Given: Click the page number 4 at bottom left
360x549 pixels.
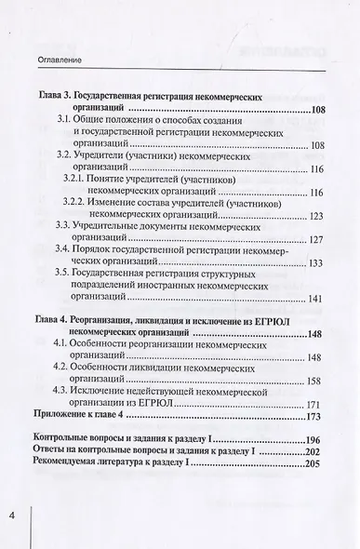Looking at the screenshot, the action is tap(13, 516).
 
